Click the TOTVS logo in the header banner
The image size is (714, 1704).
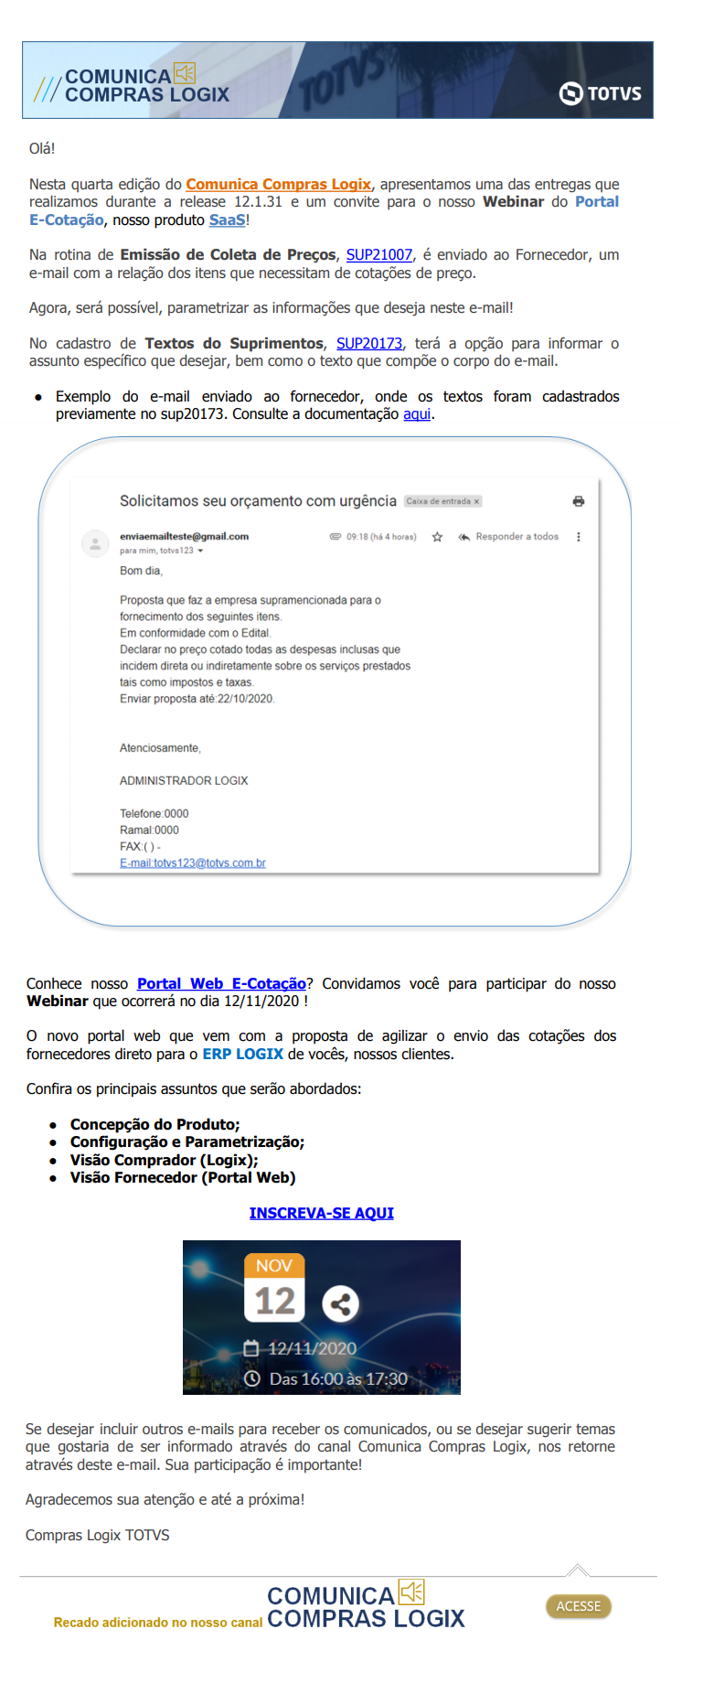click(600, 93)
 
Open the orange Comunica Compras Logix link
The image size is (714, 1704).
click(278, 185)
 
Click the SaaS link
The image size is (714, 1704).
click(227, 220)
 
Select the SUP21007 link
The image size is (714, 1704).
click(378, 255)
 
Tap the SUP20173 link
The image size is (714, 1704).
click(368, 344)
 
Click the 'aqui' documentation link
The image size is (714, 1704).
click(416, 414)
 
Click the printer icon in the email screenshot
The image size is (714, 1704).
click(578, 501)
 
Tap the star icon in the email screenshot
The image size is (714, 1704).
click(437, 537)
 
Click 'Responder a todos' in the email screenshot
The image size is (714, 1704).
click(516, 537)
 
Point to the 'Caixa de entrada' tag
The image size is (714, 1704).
click(442, 501)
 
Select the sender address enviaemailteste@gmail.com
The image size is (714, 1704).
click(184, 537)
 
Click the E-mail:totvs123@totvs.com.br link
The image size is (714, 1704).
click(193, 863)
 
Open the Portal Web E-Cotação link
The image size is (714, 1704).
click(221, 984)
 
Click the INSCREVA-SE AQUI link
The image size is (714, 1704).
click(322, 1213)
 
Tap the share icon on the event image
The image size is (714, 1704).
click(340, 1303)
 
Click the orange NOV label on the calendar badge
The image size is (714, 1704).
click(274, 1266)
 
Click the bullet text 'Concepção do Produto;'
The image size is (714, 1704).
click(155, 1125)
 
